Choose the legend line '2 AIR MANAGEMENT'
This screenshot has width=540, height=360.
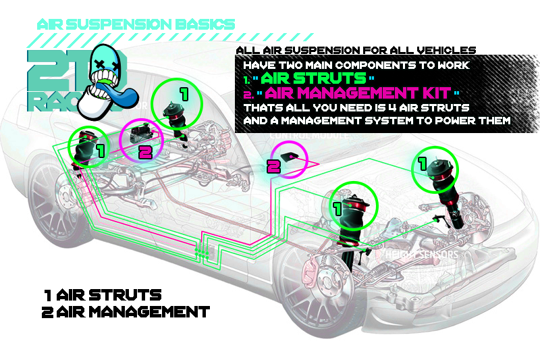126,312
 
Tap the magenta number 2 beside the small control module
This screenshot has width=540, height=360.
273,166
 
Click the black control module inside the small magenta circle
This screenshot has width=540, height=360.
291,155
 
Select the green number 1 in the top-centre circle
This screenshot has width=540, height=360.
184,90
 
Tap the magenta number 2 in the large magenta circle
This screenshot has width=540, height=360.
145,151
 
